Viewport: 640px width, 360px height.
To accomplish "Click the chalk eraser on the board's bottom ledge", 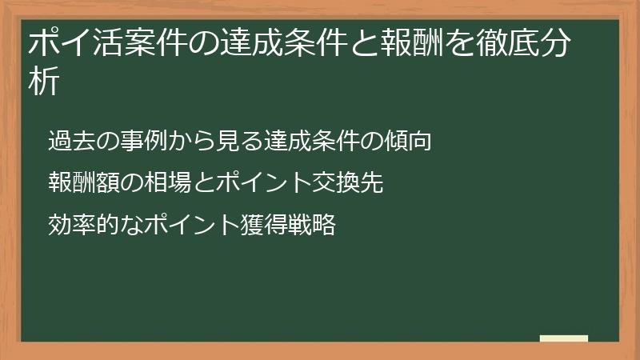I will [x=564, y=339].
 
